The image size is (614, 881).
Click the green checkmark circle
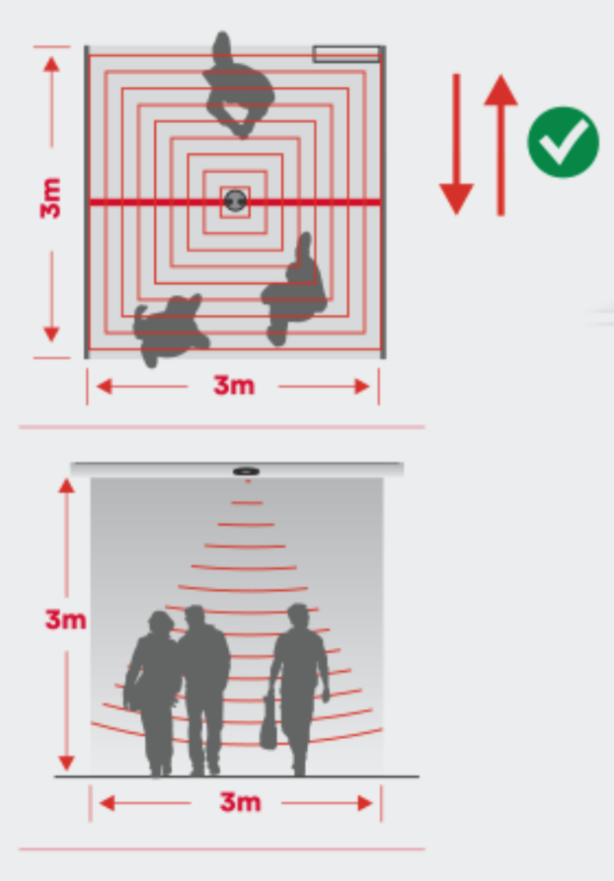coord(563,142)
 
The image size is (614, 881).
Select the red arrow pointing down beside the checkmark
coord(456,144)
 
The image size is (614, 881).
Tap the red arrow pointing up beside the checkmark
coord(500,145)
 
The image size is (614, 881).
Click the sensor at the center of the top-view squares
coord(236,200)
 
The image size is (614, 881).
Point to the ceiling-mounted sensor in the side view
coord(246,471)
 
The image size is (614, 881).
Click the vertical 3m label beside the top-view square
coord(50,198)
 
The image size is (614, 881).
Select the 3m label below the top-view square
coord(234,385)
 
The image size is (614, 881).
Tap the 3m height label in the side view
coord(65,619)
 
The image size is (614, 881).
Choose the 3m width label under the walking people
coord(241,802)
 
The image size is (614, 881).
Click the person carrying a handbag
coord(296,688)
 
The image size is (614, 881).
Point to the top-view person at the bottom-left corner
coord(169,330)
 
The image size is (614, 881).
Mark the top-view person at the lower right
coord(295,289)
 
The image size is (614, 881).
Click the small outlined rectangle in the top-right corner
coord(346,54)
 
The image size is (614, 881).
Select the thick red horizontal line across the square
coord(235,201)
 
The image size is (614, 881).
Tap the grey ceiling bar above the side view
coord(237,470)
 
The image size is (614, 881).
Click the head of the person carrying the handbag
coord(298,616)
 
